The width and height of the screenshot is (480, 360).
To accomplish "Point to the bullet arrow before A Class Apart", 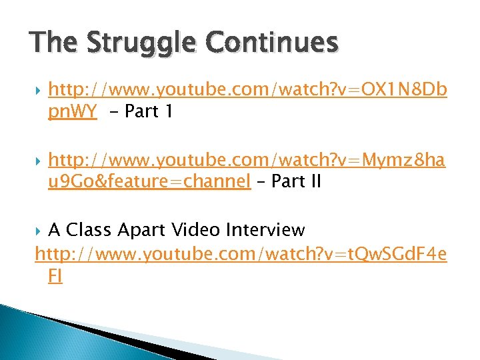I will pos(38,231).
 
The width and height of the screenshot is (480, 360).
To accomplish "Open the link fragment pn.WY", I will pos(73,111).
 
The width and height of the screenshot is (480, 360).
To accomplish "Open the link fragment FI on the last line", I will pos(55,277).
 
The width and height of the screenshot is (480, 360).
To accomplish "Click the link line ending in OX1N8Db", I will pos(247,90).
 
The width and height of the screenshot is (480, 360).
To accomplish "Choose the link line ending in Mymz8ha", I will pos(247,160).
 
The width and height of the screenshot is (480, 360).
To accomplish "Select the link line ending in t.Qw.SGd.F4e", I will pos(241,254).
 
